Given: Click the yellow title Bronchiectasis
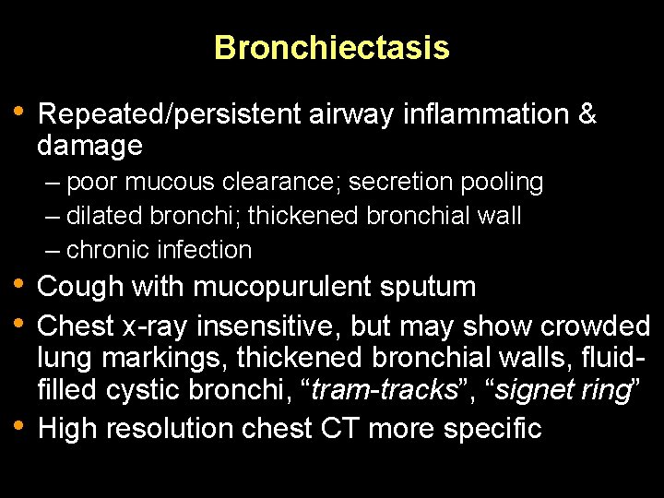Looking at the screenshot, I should click(x=332, y=47).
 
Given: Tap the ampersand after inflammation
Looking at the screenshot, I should click(x=587, y=115).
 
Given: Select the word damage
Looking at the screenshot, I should click(x=89, y=146).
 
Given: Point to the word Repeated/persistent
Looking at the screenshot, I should click(x=170, y=115).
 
